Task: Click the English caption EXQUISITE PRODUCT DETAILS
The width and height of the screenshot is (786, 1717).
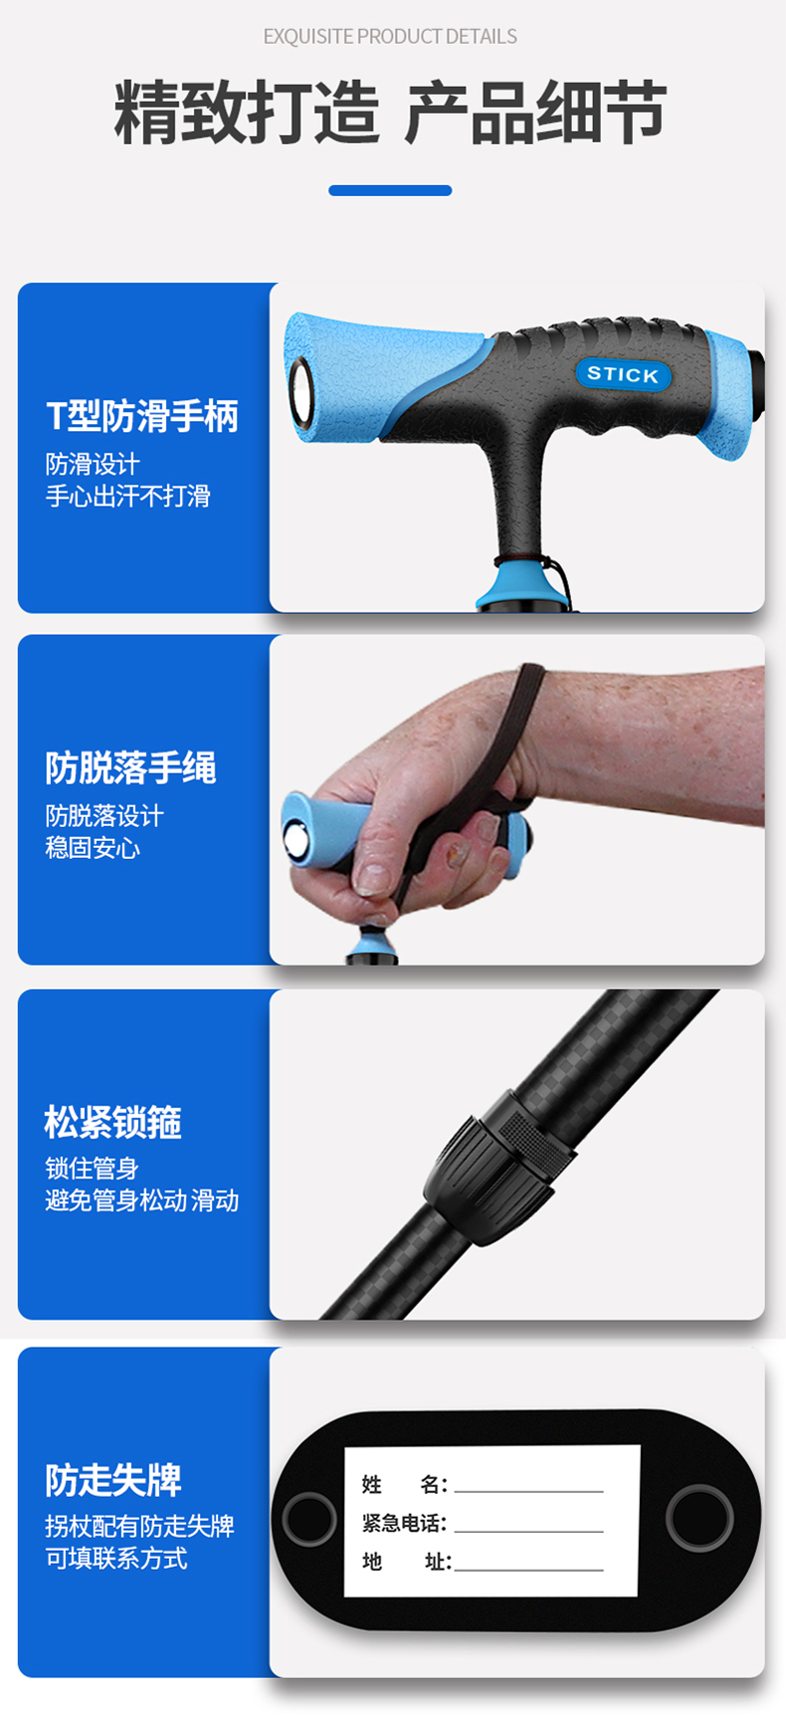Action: point(390,37)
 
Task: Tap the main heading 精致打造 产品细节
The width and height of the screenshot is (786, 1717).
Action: point(390,112)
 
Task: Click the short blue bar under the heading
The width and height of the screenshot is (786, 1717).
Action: point(390,190)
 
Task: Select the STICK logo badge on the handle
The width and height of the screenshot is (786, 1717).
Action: point(623,374)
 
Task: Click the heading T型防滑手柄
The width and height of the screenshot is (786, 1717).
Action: point(142,416)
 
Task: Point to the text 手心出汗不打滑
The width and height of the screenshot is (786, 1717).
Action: point(127,496)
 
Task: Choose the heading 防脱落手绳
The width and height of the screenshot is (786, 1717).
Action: point(130,767)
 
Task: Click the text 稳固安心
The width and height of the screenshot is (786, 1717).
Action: point(93,848)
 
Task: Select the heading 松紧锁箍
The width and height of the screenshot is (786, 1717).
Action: point(112,1122)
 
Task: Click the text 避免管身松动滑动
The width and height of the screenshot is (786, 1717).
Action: point(142,1200)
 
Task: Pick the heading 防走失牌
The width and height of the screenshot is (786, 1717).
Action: point(112,1480)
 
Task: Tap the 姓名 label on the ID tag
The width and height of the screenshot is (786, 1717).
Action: point(404,1485)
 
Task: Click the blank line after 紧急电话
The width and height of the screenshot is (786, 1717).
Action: point(528,1531)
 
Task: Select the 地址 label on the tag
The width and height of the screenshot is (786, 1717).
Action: point(406,1562)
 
